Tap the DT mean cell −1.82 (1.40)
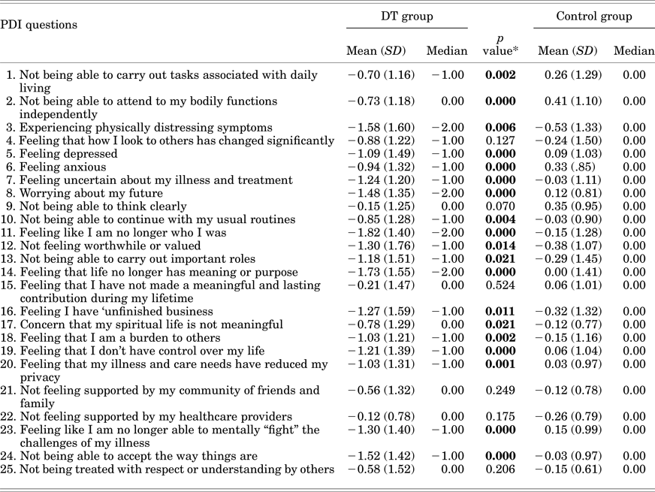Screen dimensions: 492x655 coord(376,232)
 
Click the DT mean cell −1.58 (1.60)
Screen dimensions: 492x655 coord(376,127)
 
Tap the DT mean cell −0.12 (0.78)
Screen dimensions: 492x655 coord(376,416)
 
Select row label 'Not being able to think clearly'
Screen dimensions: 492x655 coord(98,206)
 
